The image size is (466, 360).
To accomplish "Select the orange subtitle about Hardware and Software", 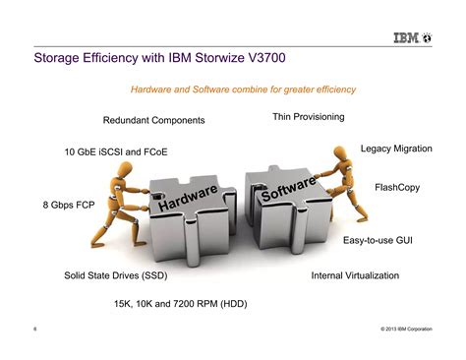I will pos(243,90).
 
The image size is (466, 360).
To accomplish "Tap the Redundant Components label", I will pos(153,120).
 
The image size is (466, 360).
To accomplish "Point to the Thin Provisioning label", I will pos(308,117).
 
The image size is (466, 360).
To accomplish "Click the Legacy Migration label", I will pos(396,148).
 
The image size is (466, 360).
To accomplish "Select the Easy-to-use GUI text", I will pos(383,240).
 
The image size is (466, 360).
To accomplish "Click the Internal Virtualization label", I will pos(355,275).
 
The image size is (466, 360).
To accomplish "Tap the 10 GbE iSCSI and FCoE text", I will pos(116,152).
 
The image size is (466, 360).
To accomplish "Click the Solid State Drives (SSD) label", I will pos(116,275).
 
